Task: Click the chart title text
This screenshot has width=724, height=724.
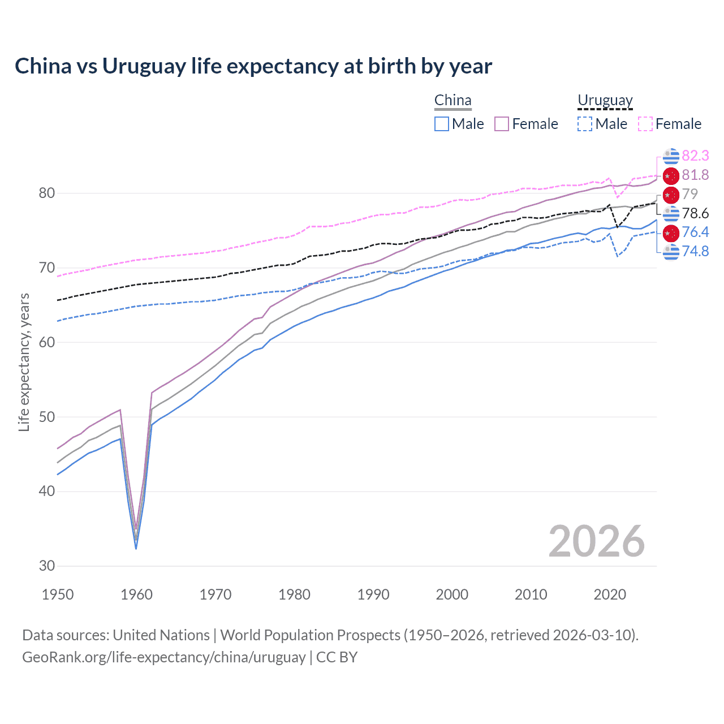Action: pyautogui.click(x=253, y=66)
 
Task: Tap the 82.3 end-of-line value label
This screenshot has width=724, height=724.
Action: pyautogui.click(x=695, y=156)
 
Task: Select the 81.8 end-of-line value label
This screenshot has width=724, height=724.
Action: pyautogui.click(x=695, y=175)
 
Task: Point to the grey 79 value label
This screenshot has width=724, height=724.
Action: pyautogui.click(x=689, y=194)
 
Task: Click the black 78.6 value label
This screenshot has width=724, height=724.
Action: pyautogui.click(x=695, y=213)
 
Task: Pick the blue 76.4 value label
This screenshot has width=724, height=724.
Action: pyautogui.click(x=695, y=232)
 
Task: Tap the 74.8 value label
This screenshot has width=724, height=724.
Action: pyautogui.click(x=695, y=251)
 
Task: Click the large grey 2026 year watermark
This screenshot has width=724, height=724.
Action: pyautogui.click(x=596, y=541)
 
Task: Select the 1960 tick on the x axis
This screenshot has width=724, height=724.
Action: pyautogui.click(x=137, y=594)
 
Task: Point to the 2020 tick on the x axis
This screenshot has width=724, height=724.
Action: pyautogui.click(x=610, y=594)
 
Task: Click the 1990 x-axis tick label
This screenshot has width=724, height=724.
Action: pyautogui.click(x=373, y=594)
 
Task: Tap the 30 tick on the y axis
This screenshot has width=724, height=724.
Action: pyautogui.click(x=47, y=566)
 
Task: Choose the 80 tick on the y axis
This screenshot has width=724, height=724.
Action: pyautogui.click(x=47, y=193)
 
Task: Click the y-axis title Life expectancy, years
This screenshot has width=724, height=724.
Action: pyautogui.click(x=24, y=362)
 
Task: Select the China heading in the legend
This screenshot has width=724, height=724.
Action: pyautogui.click(x=453, y=101)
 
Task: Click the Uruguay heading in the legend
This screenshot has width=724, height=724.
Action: pyautogui.click(x=605, y=101)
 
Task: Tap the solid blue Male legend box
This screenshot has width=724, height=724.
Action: pyautogui.click(x=442, y=124)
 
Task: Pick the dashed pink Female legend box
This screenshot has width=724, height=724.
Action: pyautogui.click(x=645, y=124)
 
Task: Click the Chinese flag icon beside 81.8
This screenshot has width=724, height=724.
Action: pyautogui.click(x=671, y=175)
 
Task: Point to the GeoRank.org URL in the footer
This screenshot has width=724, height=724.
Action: pyautogui.click(x=163, y=657)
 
